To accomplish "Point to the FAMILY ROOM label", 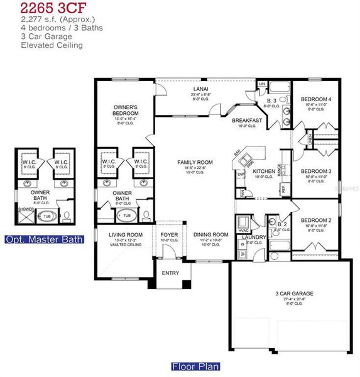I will (195, 162).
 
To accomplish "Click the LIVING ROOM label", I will (126, 234).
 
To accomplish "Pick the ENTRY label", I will (170, 273).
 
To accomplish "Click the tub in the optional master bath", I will (47, 216).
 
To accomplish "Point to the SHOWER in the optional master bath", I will (26, 209).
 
